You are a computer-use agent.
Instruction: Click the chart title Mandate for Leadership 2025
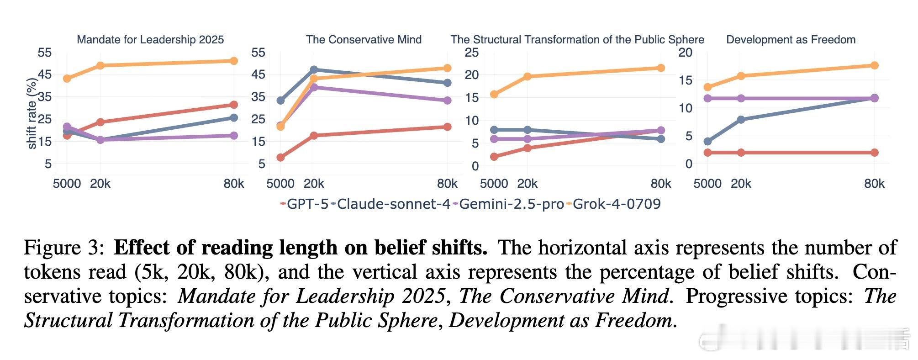[x=150, y=40]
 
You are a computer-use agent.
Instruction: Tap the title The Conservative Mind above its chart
[x=364, y=40]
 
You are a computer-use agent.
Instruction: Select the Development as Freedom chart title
[x=791, y=40]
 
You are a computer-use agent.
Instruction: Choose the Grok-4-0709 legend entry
[x=616, y=204]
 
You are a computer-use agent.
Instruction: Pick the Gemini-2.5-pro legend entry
[x=511, y=204]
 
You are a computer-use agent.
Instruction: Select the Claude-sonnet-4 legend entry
[x=393, y=204]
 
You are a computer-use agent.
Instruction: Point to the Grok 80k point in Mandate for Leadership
[x=233, y=61]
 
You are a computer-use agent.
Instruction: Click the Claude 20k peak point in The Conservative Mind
[x=314, y=70]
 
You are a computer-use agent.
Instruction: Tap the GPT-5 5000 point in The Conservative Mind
[x=280, y=158]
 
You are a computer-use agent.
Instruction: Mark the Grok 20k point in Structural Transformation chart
[x=527, y=77]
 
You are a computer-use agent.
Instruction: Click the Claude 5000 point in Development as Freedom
[x=707, y=142]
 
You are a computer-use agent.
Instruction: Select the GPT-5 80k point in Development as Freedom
[x=874, y=153]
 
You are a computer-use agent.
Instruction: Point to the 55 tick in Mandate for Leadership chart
[x=45, y=53]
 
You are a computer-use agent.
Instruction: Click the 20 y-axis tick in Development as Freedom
[x=685, y=53]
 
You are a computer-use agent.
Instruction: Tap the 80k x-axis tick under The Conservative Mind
[x=447, y=184]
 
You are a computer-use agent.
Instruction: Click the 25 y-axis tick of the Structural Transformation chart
[x=471, y=53]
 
